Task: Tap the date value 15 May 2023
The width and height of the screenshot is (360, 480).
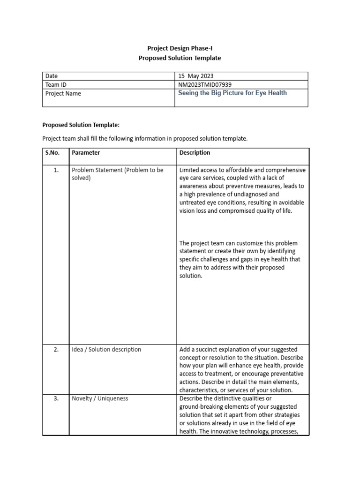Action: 196,76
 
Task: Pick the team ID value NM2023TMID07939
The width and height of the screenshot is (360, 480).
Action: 205,84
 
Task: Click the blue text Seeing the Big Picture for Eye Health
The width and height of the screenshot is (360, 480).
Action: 232,93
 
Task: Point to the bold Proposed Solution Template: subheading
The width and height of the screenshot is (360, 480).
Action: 81,125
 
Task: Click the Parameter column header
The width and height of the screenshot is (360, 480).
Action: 86,152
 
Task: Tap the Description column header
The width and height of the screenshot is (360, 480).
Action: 195,152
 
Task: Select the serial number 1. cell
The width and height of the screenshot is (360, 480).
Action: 56,170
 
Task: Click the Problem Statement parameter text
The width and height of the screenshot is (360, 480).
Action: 117,174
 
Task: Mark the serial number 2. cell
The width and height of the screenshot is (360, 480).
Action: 56,349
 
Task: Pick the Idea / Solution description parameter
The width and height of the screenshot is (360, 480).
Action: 106,349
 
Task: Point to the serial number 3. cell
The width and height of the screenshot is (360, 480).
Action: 56,398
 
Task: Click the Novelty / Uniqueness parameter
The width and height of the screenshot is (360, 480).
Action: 100,398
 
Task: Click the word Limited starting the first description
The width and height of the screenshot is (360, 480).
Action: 189,170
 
